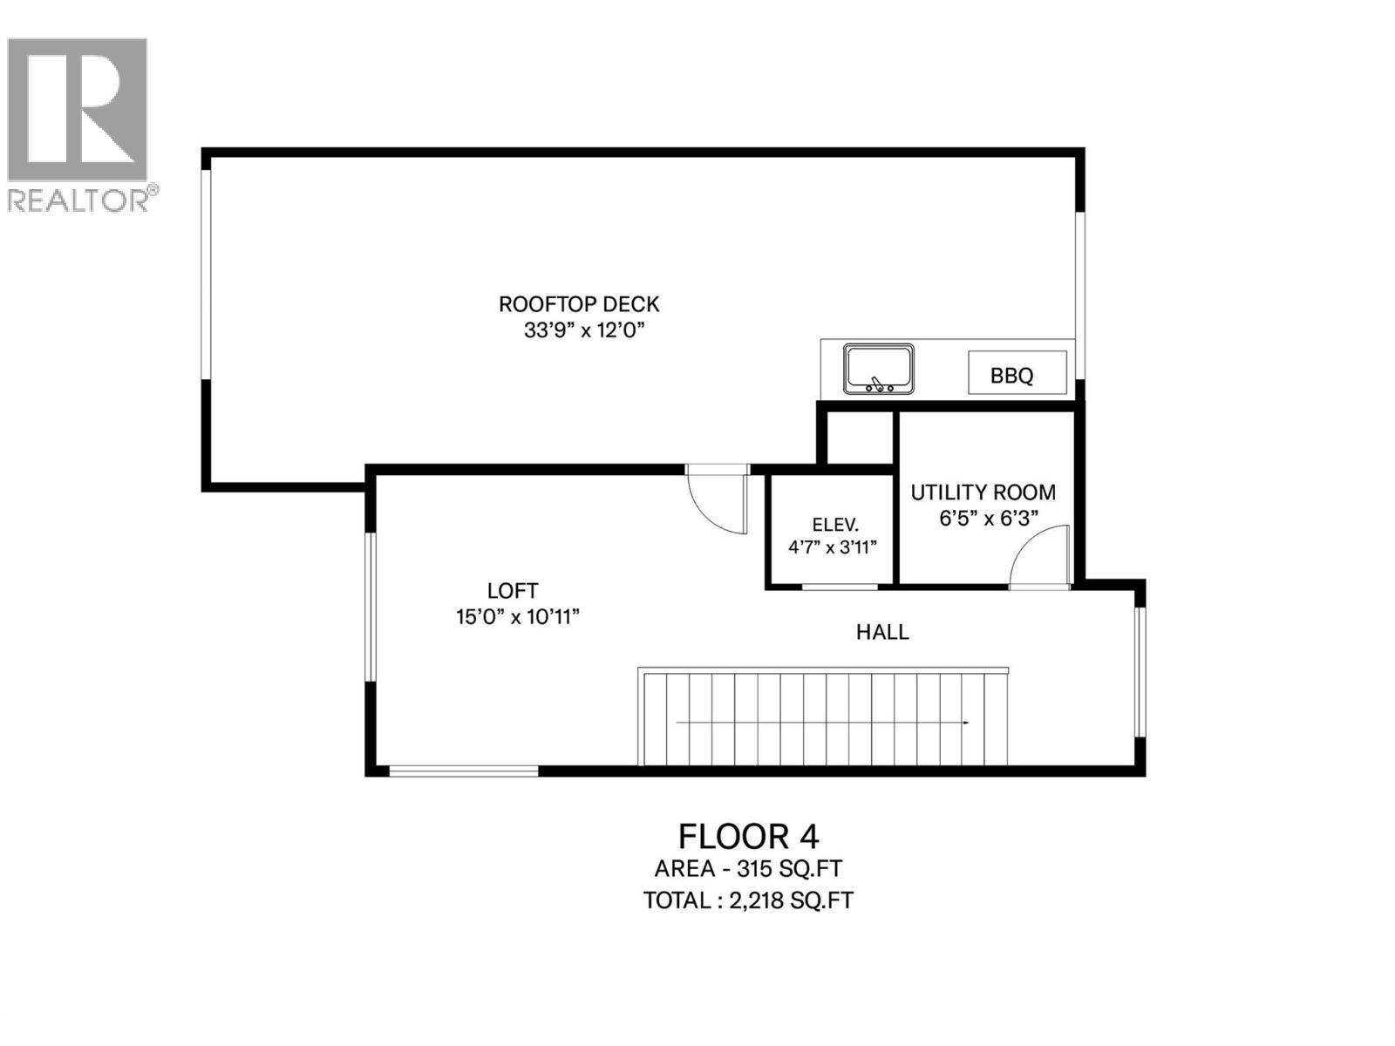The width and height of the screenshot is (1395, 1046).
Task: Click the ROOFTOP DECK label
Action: click(x=578, y=304)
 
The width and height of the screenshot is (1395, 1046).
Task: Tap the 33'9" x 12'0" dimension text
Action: click(x=584, y=330)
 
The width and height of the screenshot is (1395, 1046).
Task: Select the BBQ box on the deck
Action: click(x=1017, y=373)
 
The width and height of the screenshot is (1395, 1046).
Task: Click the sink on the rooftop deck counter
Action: click(x=878, y=369)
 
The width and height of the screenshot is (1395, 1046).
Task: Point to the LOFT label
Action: click(x=513, y=591)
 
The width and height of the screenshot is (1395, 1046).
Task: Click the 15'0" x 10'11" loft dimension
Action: click(x=518, y=616)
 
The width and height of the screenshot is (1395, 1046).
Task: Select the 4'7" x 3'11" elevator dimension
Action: click(x=833, y=547)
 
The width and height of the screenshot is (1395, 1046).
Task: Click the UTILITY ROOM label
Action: click(x=983, y=492)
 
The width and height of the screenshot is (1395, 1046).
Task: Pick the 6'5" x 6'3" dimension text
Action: click(x=988, y=519)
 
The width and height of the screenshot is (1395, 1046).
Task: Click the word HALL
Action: click(x=882, y=632)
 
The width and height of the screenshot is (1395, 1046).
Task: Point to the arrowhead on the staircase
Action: click(x=966, y=723)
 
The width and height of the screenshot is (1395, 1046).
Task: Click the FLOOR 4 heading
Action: click(x=748, y=837)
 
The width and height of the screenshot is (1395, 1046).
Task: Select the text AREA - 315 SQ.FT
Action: click(x=748, y=868)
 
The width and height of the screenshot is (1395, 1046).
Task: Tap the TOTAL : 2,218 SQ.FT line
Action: click(x=748, y=900)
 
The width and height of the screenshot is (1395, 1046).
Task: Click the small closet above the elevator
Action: click(x=860, y=438)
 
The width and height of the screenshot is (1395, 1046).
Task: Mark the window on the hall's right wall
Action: click(x=1140, y=672)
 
